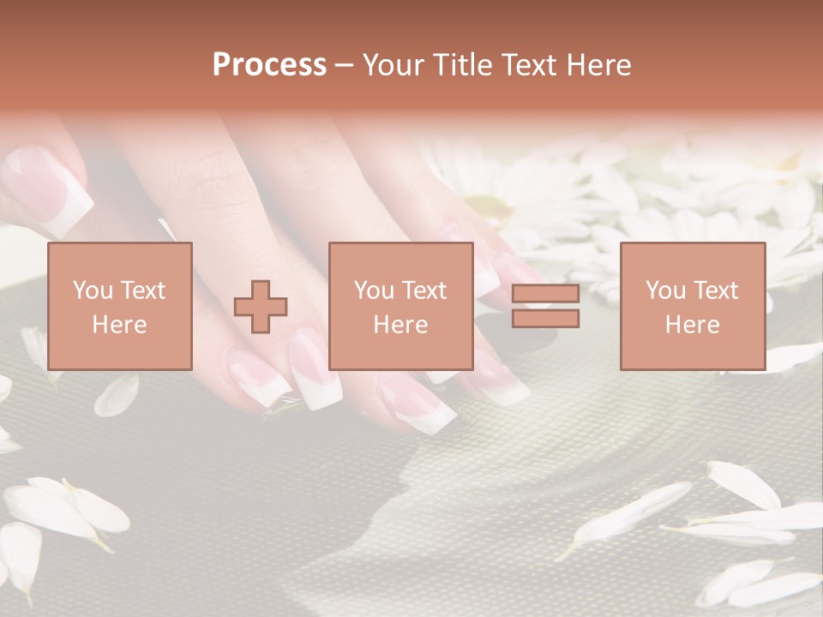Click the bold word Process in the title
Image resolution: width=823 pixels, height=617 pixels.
269,65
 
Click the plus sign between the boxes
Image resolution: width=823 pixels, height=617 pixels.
261,307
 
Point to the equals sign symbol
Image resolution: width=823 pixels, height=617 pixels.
546,306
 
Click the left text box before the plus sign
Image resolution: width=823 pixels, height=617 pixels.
119,306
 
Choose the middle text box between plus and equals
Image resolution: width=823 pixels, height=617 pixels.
400,306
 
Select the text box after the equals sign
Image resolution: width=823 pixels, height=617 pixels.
692,306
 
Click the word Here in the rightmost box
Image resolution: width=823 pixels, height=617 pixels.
692,324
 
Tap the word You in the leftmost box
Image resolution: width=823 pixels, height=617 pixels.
93,290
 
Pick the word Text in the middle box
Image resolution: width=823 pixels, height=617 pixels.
424,290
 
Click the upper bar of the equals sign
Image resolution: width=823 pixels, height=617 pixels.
546,294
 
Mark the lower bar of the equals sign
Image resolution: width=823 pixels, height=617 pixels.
546,319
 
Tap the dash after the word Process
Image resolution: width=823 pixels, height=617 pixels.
344,65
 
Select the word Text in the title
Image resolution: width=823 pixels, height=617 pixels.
529,65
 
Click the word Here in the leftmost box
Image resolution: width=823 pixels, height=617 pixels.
119,324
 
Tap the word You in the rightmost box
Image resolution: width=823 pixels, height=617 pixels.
666,290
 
